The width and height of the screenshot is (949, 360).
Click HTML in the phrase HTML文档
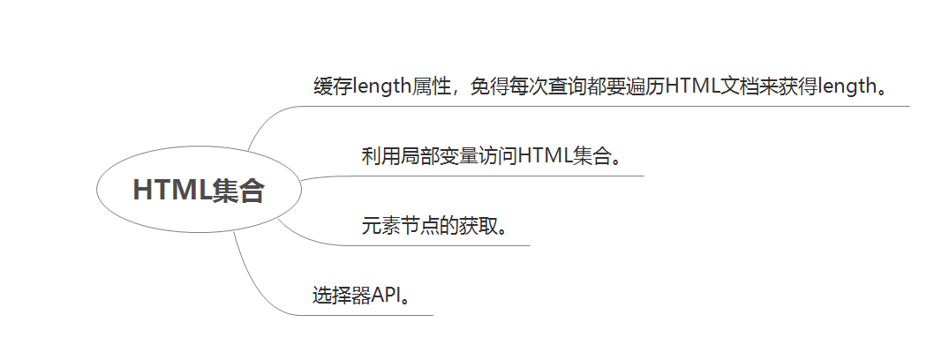(x=693, y=86)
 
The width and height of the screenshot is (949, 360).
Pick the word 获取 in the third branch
(x=478, y=226)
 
